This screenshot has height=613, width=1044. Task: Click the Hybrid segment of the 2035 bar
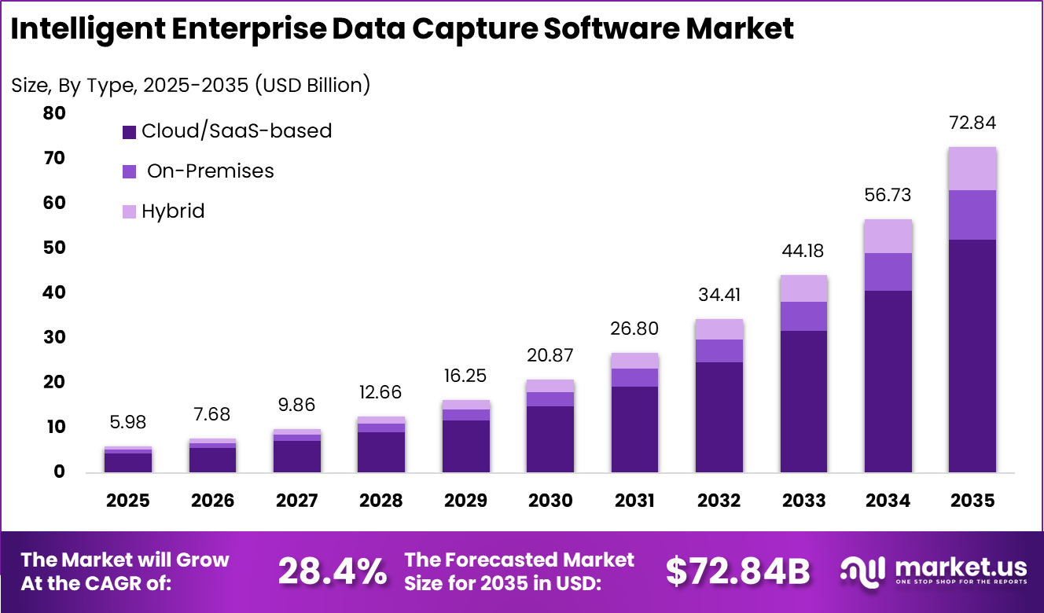click(x=972, y=169)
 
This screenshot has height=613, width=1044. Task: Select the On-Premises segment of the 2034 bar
click(x=888, y=272)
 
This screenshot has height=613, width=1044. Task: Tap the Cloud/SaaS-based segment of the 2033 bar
click(x=803, y=401)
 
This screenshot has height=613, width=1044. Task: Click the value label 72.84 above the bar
click(x=972, y=123)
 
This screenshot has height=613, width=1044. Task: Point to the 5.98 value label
click(x=128, y=422)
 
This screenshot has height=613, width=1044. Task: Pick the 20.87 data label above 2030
click(x=550, y=355)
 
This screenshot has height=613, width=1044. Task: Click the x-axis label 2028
click(x=381, y=501)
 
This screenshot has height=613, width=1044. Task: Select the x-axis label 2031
click(x=634, y=501)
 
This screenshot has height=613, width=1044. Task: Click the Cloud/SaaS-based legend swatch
click(x=130, y=132)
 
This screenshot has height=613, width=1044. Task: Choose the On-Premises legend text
click(x=210, y=171)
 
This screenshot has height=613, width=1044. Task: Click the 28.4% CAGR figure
click(x=332, y=571)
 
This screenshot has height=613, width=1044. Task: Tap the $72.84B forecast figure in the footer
click(x=737, y=571)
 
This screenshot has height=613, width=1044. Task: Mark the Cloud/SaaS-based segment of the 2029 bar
click(x=465, y=446)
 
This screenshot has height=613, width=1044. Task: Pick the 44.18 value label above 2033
click(x=803, y=251)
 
